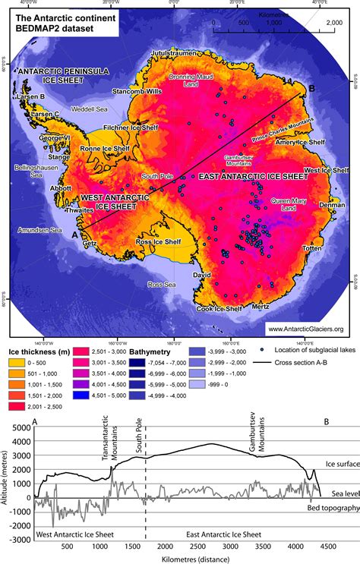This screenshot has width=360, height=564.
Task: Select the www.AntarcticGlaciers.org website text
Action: (305, 329)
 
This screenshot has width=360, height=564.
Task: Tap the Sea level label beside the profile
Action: (340, 496)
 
